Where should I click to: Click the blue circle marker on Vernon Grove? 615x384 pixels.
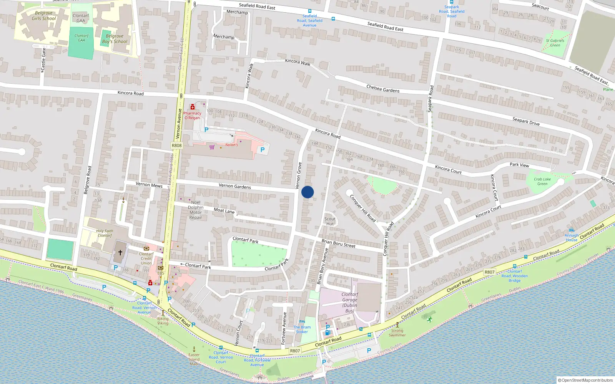[x=307, y=192]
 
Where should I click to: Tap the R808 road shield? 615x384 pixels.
[x=176, y=146]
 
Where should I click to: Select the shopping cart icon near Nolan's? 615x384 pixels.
[x=212, y=147]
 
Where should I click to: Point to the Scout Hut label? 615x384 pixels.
[x=330, y=222]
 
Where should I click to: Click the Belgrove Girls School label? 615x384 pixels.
[x=44, y=16]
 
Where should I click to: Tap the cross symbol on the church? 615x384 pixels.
[x=120, y=252]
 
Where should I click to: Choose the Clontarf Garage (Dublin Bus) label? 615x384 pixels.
[x=349, y=303]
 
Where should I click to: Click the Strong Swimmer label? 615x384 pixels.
[x=397, y=333]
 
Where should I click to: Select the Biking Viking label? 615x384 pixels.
[x=163, y=321]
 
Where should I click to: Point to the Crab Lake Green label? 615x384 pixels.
[x=542, y=181]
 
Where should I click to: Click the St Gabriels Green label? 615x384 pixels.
[x=555, y=43]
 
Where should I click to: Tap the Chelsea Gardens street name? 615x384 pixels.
[x=383, y=89]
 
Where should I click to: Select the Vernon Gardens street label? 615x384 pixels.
[x=234, y=186]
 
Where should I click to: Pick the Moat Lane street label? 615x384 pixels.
[x=224, y=210]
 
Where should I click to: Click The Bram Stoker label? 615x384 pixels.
[x=302, y=329]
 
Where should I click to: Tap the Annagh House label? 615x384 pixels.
[x=572, y=238]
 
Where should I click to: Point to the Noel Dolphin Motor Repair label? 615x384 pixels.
[x=196, y=210]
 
